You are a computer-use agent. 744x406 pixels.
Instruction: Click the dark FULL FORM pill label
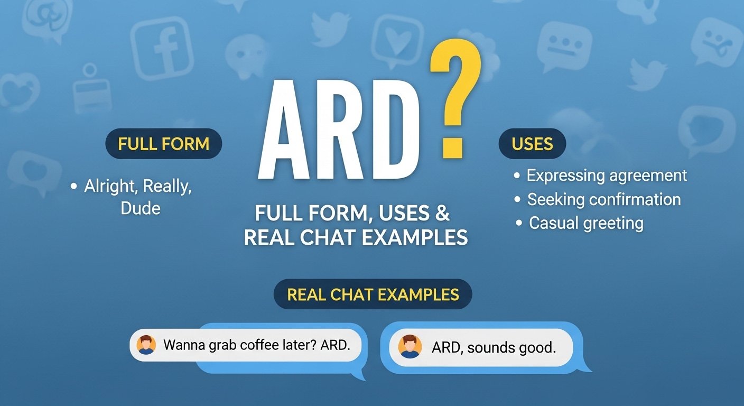click(x=164, y=144)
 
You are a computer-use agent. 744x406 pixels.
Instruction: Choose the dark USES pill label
click(x=532, y=144)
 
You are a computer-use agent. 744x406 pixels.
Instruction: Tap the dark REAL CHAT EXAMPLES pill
click(x=373, y=294)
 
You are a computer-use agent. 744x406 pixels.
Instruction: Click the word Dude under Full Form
click(x=141, y=208)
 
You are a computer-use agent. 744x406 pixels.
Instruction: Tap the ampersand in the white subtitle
click(x=442, y=214)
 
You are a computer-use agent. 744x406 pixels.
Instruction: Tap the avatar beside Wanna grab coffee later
click(x=146, y=345)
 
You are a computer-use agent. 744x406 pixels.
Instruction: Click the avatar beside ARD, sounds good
click(x=410, y=347)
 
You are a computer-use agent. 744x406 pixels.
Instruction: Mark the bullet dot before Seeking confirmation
click(x=518, y=200)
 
